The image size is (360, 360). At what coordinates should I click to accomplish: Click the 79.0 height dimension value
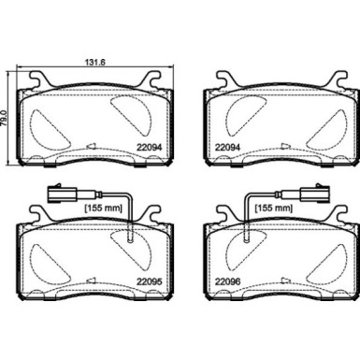[7, 115]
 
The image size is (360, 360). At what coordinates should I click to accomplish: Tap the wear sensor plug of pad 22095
[57, 196]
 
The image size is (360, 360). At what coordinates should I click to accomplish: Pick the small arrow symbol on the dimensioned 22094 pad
[91, 145]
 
